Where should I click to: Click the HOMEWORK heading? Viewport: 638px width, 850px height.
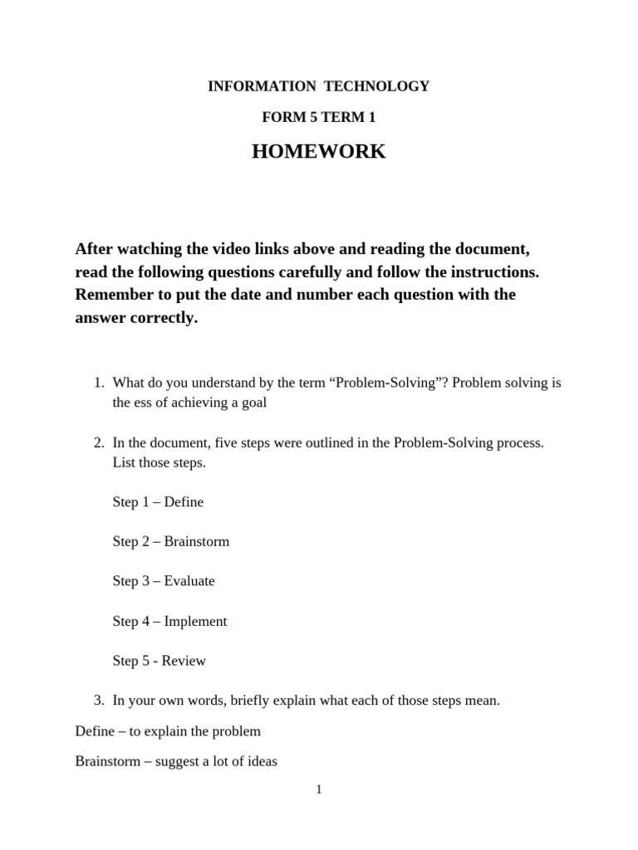[x=319, y=152]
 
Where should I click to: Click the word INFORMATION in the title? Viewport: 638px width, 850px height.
[x=258, y=86]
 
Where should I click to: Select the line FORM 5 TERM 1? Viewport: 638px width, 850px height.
[x=319, y=117]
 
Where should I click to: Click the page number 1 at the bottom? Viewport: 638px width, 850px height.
[x=319, y=789]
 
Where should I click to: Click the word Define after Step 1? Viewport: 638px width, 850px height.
[x=184, y=502]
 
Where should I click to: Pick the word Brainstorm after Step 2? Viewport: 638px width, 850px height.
[x=197, y=542]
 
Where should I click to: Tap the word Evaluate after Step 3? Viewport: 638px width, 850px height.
[x=189, y=581]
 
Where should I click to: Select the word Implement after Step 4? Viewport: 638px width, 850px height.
[x=195, y=621]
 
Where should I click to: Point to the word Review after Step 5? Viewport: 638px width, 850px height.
[x=184, y=661]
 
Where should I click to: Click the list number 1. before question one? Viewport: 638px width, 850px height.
[x=98, y=383]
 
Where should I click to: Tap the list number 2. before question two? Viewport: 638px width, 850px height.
[x=98, y=442]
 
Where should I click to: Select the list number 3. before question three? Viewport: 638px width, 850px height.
[x=98, y=701]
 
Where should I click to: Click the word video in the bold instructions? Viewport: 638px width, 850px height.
[x=282, y=249]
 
